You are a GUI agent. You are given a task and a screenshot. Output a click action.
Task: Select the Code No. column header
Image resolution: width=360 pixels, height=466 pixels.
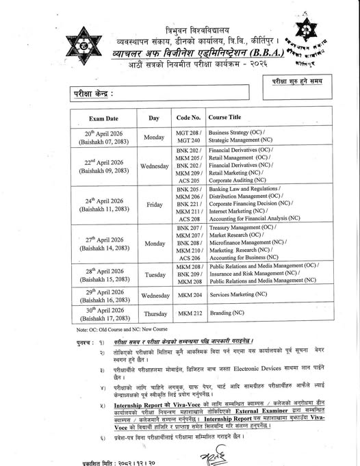click(x=188, y=118)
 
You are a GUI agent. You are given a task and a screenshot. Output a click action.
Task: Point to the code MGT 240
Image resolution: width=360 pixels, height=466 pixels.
click(x=188, y=141)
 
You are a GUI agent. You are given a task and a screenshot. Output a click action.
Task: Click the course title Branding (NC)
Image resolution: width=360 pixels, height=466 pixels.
click(x=227, y=313)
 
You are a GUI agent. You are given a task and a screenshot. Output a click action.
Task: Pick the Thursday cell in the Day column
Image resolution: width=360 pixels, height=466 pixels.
click(x=153, y=313)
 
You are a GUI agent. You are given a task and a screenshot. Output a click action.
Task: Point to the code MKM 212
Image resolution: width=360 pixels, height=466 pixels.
click(x=189, y=313)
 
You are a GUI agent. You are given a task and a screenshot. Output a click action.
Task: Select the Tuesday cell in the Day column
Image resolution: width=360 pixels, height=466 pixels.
click(x=153, y=272)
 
